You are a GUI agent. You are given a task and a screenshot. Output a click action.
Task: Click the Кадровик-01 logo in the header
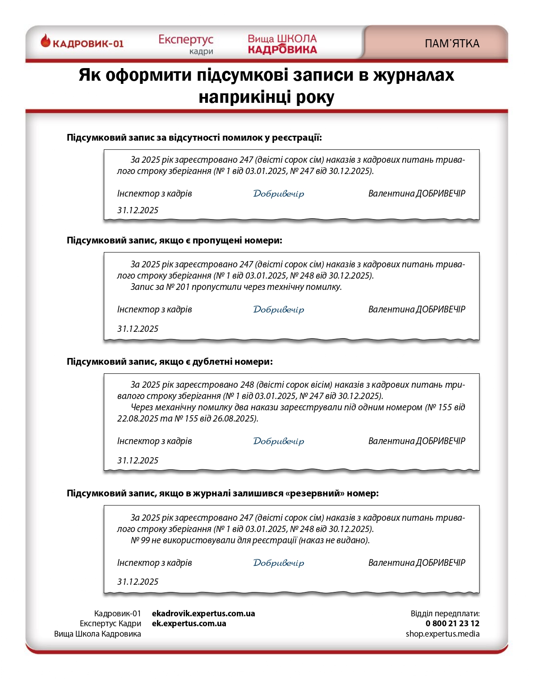click(x=82, y=43)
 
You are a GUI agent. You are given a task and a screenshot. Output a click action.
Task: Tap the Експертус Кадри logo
click(x=186, y=44)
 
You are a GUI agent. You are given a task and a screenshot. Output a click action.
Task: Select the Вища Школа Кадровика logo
click(x=282, y=44)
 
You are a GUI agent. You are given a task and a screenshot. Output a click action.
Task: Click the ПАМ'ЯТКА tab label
click(x=452, y=44)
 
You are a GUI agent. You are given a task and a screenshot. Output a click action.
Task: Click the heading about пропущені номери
click(x=174, y=240)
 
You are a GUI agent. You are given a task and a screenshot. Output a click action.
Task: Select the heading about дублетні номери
click(x=170, y=362)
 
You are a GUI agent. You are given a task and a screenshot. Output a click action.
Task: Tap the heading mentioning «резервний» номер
click(x=222, y=493)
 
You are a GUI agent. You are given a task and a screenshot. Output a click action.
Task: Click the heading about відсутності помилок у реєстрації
click(x=194, y=138)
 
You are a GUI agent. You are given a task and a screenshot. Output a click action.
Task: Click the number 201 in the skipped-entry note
click(x=183, y=287)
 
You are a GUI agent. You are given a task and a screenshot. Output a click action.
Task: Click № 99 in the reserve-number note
click(x=140, y=540)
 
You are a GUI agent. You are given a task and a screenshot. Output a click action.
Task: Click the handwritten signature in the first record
click(x=278, y=193)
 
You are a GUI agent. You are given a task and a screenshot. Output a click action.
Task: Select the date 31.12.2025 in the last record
click(x=138, y=582)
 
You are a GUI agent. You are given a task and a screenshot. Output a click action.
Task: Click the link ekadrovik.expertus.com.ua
click(x=203, y=613)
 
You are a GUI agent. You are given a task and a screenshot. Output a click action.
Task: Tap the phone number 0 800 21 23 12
click(x=452, y=624)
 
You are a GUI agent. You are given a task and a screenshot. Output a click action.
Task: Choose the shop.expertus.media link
click(x=442, y=633)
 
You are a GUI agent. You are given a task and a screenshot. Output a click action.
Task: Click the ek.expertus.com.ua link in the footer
click(x=189, y=624)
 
